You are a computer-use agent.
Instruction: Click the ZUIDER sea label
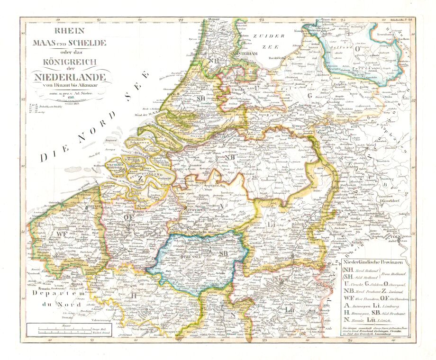[x=268, y=36]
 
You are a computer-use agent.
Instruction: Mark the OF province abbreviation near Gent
[x=128, y=217]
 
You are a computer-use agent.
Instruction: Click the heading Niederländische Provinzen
[x=376, y=261]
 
